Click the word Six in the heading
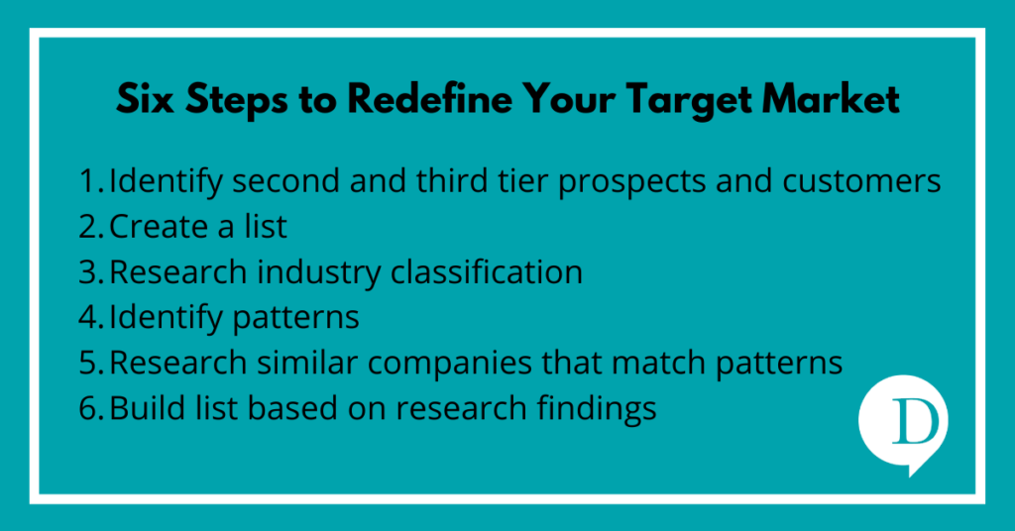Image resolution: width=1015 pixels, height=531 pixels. (x=146, y=100)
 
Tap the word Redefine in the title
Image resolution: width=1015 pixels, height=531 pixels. (x=430, y=100)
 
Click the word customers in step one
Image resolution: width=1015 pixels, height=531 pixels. (x=861, y=182)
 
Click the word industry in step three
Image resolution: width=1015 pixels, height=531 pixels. (x=318, y=274)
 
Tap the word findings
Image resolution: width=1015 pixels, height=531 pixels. (x=596, y=410)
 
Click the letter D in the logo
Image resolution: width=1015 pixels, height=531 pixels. (x=915, y=422)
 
